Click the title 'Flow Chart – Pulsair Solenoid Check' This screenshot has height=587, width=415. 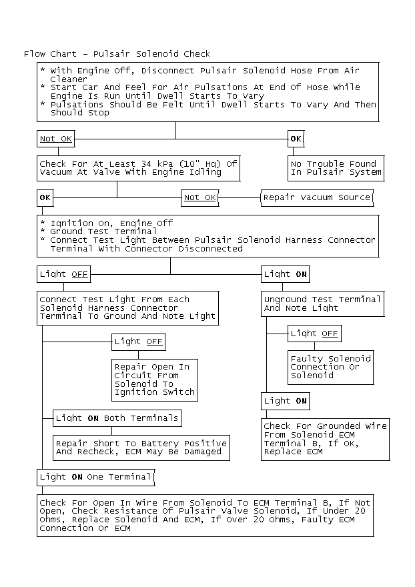[x=117, y=54]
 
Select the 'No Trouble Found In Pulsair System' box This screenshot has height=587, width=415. [x=336, y=168]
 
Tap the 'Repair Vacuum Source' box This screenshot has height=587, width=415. [x=316, y=197]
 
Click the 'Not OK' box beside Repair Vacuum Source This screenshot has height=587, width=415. [x=200, y=197]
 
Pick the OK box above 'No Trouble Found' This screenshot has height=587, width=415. [x=296, y=139]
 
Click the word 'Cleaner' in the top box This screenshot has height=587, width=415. [x=69, y=79]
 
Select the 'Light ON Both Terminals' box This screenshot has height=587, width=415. [x=117, y=418]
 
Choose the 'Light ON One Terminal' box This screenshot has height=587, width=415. [x=95, y=477]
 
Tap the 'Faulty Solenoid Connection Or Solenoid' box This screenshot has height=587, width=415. [x=330, y=367]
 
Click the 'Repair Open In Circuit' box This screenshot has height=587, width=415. [x=154, y=380]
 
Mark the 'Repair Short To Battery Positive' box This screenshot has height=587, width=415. [x=141, y=448]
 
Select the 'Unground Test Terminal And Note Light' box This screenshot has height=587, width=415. [x=323, y=304]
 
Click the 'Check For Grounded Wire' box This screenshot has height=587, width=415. [x=324, y=439]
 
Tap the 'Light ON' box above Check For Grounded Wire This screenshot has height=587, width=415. [x=285, y=401]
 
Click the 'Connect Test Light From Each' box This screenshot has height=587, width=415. [x=127, y=308]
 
